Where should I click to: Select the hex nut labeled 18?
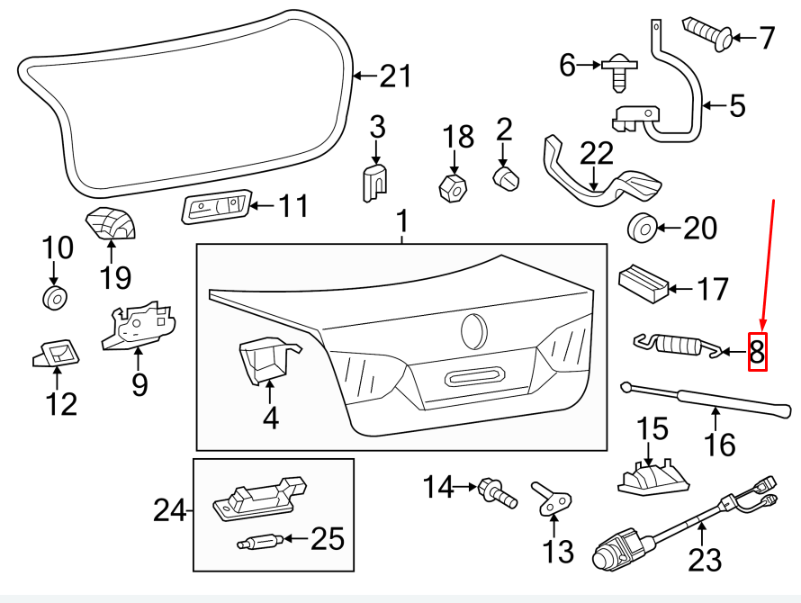454,188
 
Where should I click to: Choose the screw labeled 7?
708,34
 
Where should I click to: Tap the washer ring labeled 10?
54,299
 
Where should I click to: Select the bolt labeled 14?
496,491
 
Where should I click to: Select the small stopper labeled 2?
507,176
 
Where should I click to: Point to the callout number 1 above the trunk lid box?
402,220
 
